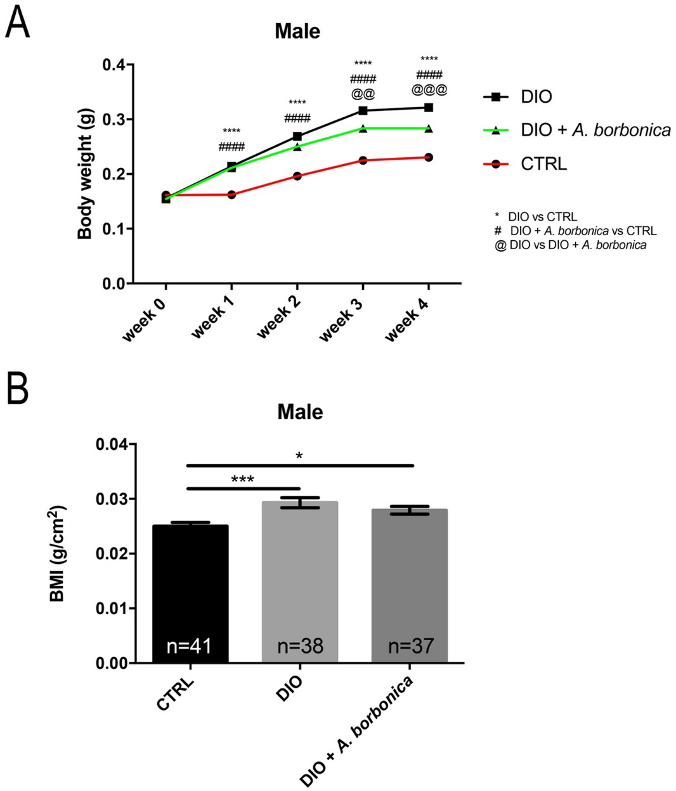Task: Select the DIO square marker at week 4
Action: pyautogui.click(x=429, y=107)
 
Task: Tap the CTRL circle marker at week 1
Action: pyautogui.click(x=231, y=195)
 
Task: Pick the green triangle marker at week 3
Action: pyautogui.click(x=363, y=129)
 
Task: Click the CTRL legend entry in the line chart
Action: pyautogui.click(x=543, y=164)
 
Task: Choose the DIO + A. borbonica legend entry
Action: pyautogui.click(x=595, y=131)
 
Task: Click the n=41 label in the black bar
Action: pyautogui.click(x=189, y=646)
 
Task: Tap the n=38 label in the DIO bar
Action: pyautogui.click(x=300, y=646)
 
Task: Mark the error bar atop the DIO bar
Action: pyautogui.click(x=300, y=503)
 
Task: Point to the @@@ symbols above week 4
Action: pyautogui.click(x=429, y=90)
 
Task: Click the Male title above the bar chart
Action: pyautogui.click(x=300, y=412)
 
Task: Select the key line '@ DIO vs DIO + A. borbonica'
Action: pyautogui.click(x=571, y=245)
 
